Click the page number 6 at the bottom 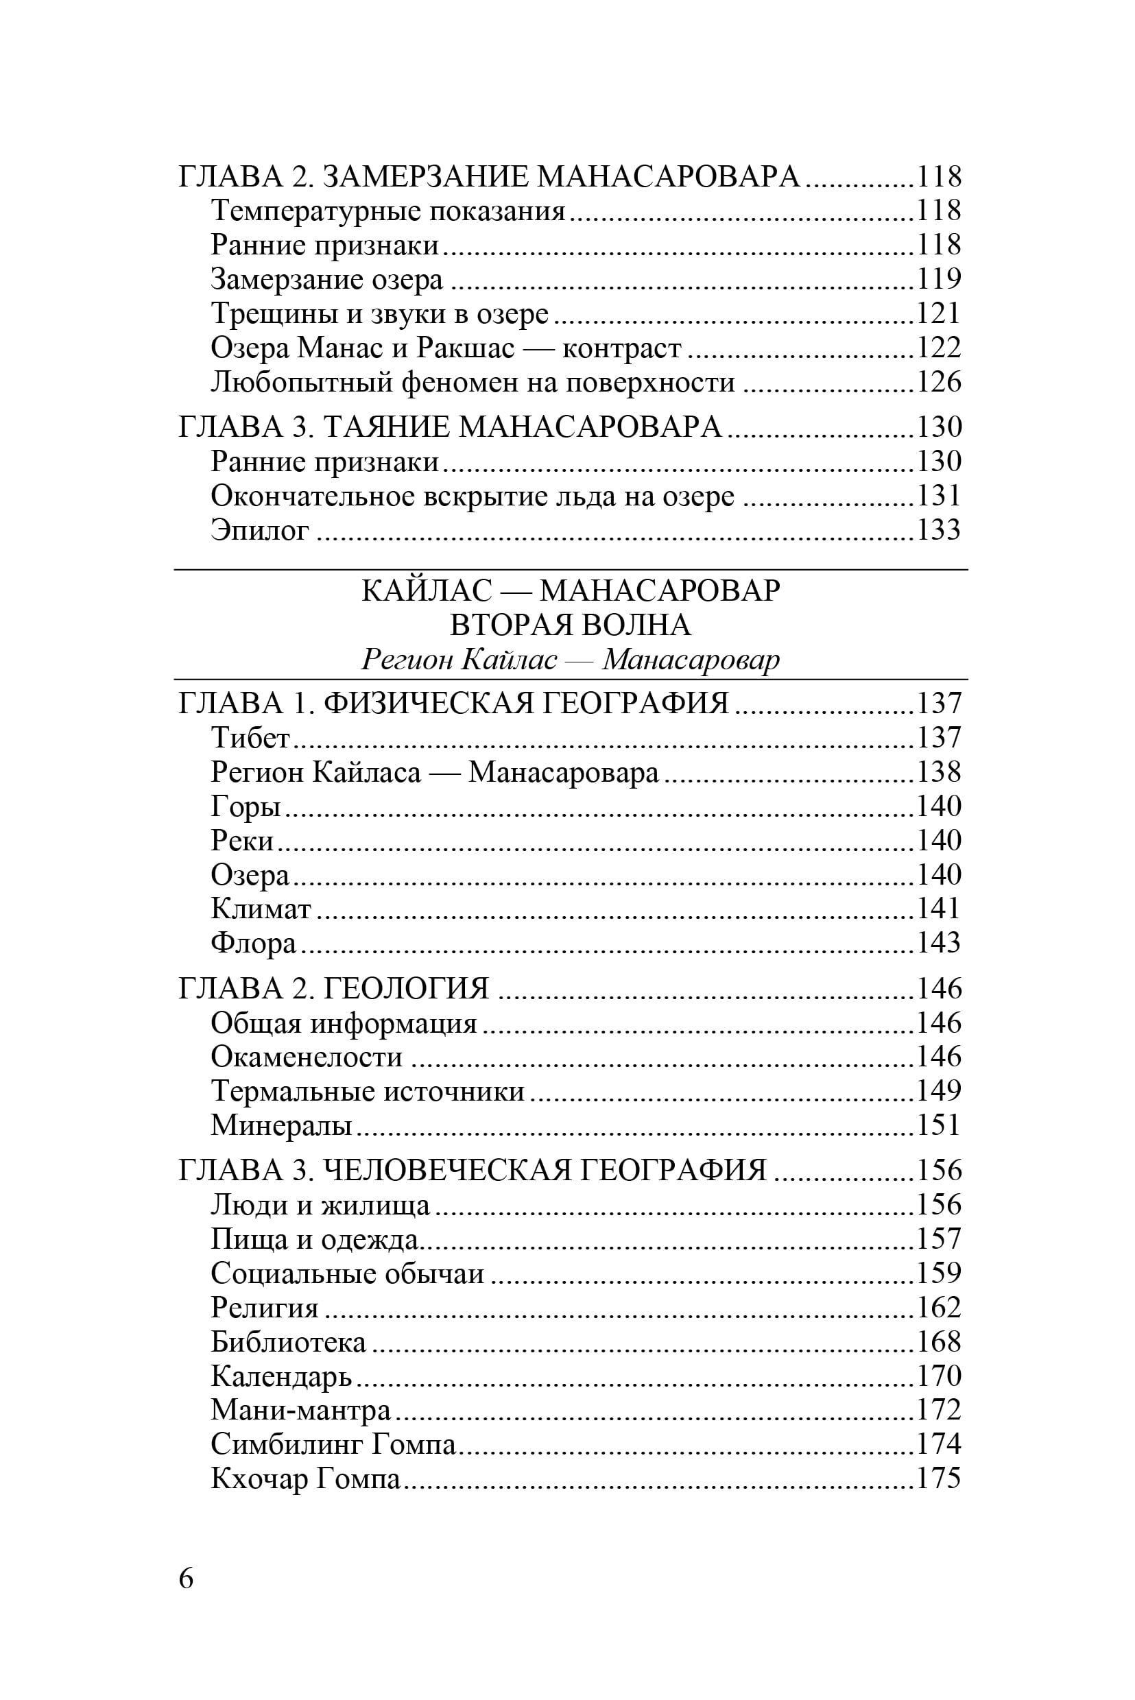(186, 1578)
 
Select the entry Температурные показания (388, 211)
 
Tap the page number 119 (939, 278)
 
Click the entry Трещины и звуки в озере (380, 313)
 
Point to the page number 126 (939, 381)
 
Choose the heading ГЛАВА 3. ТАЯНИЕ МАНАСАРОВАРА (451, 427)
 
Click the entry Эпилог (260, 530)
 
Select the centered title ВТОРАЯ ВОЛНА (571, 625)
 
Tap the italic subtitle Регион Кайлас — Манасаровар (571, 659)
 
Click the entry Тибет (250, 737)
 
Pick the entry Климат (261, 908)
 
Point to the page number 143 (939, 942)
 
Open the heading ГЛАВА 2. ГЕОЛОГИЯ (334, 989)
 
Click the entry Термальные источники (368, 1090)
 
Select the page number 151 (939, 1125)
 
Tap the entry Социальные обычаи (348, 1273)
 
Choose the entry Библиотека (288, 1342)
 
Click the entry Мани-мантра (300, 1410)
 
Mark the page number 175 (939, 1478)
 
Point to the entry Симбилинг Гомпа (333, 1444)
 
